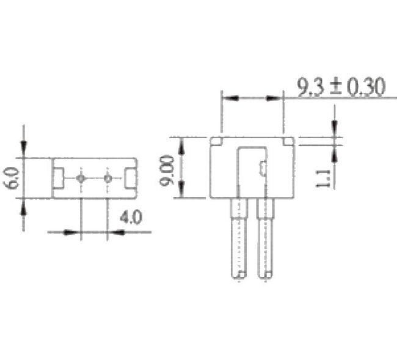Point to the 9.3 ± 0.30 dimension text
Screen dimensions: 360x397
(x=341, y=88)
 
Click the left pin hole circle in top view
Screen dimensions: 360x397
(x=81, y=178)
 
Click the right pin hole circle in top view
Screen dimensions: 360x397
(x=107, y=178)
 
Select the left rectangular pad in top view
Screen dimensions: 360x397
(x=59, y=178)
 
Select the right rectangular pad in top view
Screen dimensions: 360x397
(x=130, y=178)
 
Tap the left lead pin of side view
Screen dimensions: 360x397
(x=238, y=240)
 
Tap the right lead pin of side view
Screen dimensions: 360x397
(x=265, y=240)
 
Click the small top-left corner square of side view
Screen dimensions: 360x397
(x=216, y=141)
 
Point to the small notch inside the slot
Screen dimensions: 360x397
(x=261, y=167)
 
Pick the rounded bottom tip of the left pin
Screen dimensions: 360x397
(x=238, y=276)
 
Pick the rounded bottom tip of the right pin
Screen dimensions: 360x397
(x=265, y=276)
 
